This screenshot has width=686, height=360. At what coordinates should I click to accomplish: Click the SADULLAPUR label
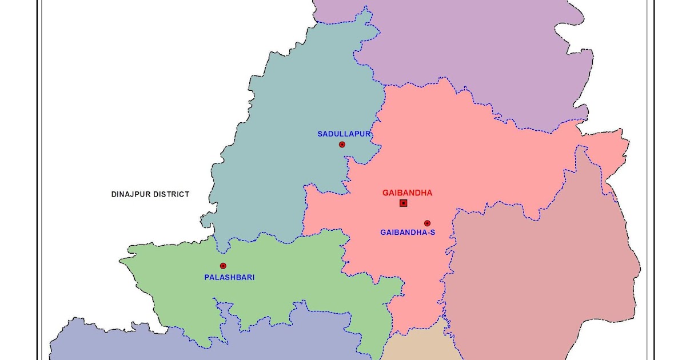coord(344,134)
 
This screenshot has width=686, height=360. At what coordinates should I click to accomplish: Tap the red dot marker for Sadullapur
coord(342,145)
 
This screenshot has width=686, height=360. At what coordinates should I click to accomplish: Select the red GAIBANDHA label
coord(407,193)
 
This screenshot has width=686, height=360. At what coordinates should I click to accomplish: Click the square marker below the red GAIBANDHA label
coord(404,203)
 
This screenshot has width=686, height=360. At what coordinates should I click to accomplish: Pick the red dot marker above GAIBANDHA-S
coord(427,223)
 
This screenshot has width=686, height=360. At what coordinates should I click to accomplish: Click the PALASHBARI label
coord(229,278)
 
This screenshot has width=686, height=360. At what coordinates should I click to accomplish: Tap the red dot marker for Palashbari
coord(223,266)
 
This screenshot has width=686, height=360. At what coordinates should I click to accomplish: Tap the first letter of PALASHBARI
coord(206,278)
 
